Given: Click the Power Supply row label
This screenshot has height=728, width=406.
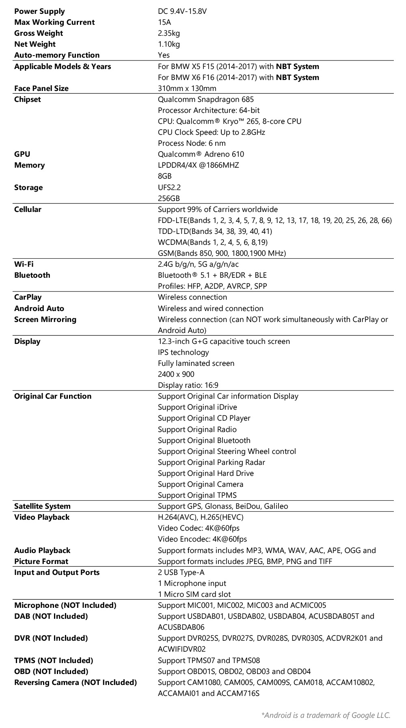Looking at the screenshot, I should coord(39,11).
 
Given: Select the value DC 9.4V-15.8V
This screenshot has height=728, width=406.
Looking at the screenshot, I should coord(182,11).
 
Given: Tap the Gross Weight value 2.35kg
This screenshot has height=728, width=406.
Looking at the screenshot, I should coord(168,33).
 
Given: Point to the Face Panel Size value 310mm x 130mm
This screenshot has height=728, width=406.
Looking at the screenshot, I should coord(187,89).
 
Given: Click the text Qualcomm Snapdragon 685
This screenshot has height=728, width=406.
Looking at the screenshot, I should coord(206,99).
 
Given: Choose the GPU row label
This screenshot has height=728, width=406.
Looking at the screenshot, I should coord(22,154).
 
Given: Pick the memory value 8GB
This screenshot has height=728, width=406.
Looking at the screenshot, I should coord(164,176).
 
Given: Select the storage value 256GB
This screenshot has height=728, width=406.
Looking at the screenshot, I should coord(168,199).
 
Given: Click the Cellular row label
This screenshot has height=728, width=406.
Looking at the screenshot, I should coord(28,210).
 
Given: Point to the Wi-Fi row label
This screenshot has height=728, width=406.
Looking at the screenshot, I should coord(24,264).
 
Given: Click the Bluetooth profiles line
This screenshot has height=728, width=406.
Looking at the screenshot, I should coord(212,286).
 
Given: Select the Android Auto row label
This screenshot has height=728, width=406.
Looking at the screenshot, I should coord(39,309).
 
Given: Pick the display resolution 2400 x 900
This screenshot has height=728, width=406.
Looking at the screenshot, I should coord(176,374).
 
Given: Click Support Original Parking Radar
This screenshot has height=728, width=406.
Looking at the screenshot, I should coord(211,462).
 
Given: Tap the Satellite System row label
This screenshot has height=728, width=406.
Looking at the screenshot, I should coord(42,506).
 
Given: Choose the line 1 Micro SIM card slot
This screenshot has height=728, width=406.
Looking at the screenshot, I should coord(194,594).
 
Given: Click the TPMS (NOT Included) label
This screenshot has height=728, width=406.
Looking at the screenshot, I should coord(54,661).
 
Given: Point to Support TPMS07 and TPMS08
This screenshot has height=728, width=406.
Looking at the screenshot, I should coord(209,661).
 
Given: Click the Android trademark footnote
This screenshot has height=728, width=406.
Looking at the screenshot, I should coord(326,715).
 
